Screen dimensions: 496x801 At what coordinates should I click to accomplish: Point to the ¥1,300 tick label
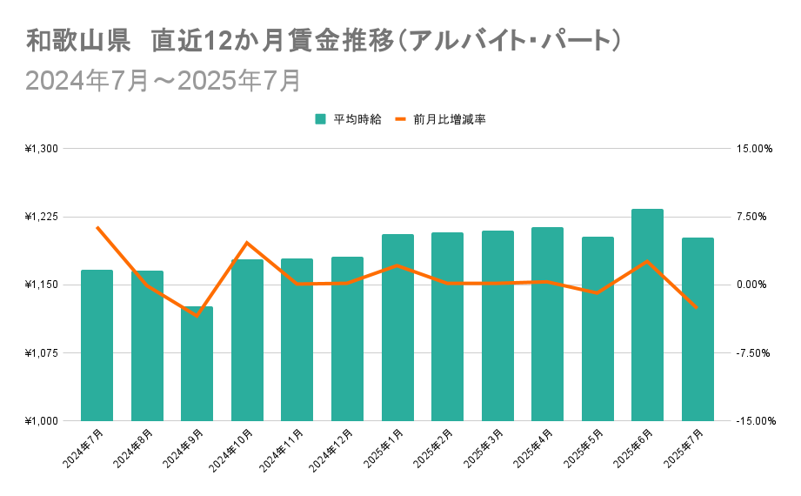tap(41, 149)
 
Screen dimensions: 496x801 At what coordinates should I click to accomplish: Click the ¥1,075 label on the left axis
tap(41, 353)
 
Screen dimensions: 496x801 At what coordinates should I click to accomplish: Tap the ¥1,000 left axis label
tap(41, 421)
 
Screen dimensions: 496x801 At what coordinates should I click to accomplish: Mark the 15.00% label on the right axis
tap(753, 149)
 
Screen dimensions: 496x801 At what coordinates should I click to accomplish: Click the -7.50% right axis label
tap(752, 353)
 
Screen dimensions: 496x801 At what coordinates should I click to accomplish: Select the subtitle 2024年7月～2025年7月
tap(164, 80)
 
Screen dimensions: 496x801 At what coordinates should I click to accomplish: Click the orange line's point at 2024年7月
tap(97, 227)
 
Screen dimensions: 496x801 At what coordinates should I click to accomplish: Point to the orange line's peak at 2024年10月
tap(247, 243)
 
